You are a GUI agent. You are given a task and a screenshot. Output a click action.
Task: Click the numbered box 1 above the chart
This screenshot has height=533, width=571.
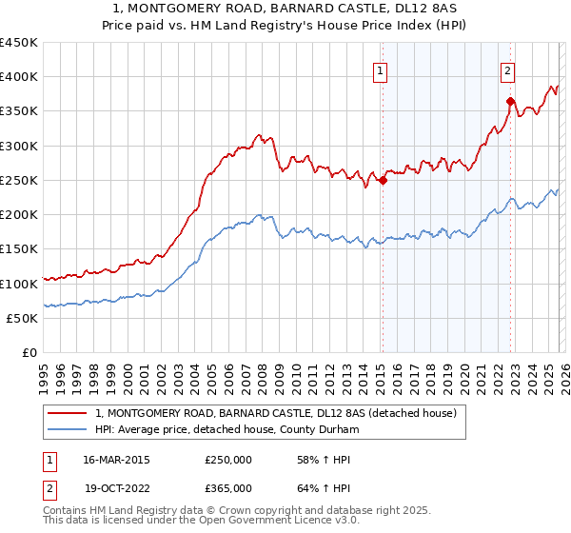pos(380,69)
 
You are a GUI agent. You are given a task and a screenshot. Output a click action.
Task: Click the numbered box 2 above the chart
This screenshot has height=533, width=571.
pos(508,69)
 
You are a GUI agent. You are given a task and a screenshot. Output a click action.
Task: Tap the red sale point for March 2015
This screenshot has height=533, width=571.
pos(383,180)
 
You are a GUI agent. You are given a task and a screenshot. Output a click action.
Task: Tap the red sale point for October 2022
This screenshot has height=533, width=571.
pos(511,101)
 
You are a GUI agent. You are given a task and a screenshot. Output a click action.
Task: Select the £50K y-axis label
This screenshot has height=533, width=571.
pos(21,318)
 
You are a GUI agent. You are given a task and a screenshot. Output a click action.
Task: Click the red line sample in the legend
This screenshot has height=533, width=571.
pos(68,413)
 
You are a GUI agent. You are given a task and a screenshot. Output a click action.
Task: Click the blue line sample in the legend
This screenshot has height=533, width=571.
pos(68,429)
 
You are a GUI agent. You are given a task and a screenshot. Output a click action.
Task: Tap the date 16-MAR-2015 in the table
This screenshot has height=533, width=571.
pos(116,460)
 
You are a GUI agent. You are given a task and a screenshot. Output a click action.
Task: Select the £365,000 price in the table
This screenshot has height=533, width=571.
pos(228,488)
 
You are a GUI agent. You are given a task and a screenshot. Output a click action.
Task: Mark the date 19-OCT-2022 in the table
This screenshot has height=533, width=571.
pos(116,488)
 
